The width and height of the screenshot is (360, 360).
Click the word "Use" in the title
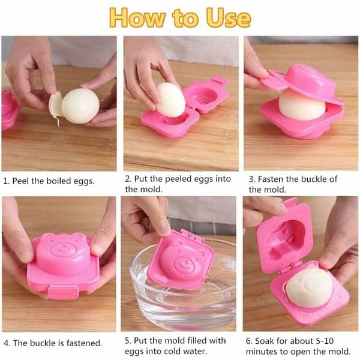228,17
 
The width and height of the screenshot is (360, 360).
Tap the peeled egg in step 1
80,106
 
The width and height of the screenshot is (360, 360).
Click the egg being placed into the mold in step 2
171,100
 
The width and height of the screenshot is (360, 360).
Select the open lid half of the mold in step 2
206,95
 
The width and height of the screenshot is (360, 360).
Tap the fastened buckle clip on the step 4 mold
62,292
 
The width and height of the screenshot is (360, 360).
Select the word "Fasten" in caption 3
271,179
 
